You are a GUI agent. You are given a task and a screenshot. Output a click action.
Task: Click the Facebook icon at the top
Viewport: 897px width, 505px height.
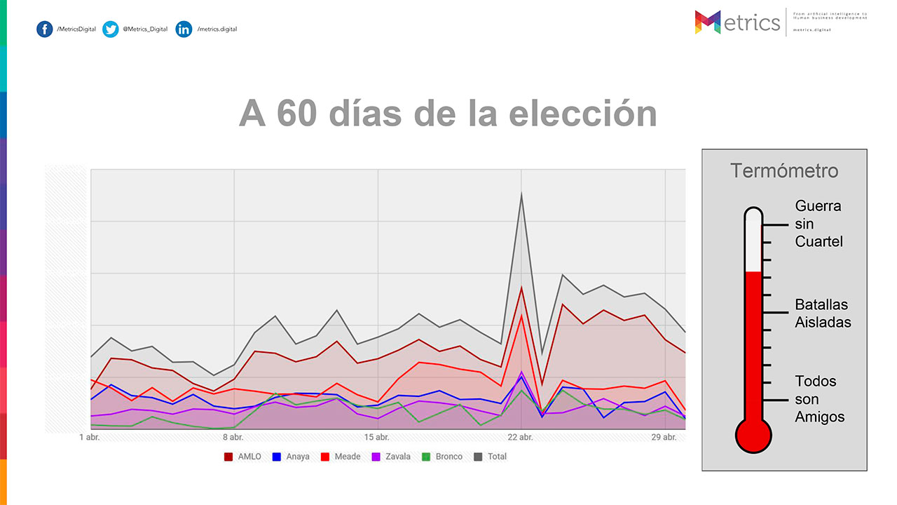(x=44, y=29)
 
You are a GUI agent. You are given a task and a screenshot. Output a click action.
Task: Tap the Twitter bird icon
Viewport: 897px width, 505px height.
(x=110, y=29)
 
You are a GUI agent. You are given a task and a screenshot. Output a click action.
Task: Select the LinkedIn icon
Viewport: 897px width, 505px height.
(x=184, y=29)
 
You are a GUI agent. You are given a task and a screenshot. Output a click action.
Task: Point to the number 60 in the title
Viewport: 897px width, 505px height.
(x=299, y=113)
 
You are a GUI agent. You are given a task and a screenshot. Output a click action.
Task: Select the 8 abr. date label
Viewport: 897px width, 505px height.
(x=234, y=438)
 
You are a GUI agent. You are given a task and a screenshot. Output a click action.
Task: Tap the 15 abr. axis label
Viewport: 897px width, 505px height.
(x=378, y=438)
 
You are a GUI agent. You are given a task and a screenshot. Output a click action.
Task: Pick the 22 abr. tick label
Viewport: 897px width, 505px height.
(x=521, y=438)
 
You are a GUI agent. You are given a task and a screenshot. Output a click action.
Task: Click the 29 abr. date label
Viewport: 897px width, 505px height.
(x=664, y=438)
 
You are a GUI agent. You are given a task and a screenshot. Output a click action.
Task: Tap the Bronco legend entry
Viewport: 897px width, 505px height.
(x=442, y=457)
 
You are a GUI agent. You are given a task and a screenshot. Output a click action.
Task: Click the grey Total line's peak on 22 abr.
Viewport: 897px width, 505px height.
(x=521, y=194)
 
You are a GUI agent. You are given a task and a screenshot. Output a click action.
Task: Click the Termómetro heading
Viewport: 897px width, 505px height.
(x=784, y=170)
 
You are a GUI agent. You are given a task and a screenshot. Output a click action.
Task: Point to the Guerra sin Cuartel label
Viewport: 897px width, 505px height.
(x=819, y=224)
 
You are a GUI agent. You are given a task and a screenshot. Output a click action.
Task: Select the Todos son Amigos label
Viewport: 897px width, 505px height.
(x=819, y=399)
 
